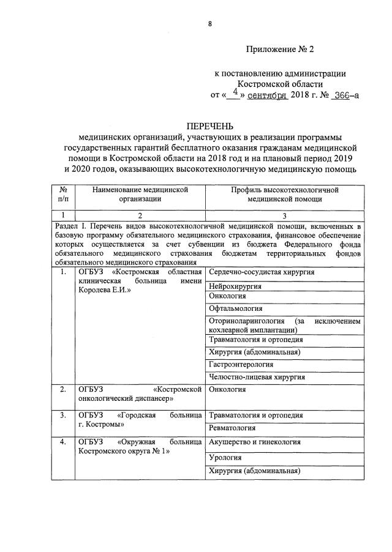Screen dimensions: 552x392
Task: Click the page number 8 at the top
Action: tap(210, 24)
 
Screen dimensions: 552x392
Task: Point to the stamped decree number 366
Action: tap(340, 95)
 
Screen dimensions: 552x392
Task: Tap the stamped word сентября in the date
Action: tap(268, 95)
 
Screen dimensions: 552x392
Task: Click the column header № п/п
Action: tap(62, 194)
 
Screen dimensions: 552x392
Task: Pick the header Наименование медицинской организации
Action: tap(140, 194)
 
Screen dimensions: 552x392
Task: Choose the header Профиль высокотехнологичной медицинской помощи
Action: tap(284, 194)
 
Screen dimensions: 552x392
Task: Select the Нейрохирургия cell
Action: tap(235, 286)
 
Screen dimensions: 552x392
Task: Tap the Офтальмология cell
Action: tap(235, 308)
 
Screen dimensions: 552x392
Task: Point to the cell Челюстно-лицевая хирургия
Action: tap(249, 377)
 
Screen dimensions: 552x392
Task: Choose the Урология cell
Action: tap(225, 457)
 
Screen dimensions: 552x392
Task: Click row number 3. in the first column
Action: tap(62, 416)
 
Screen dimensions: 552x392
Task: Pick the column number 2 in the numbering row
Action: tap(140, 215)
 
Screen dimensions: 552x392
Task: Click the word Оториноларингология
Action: tap(247, 321)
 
